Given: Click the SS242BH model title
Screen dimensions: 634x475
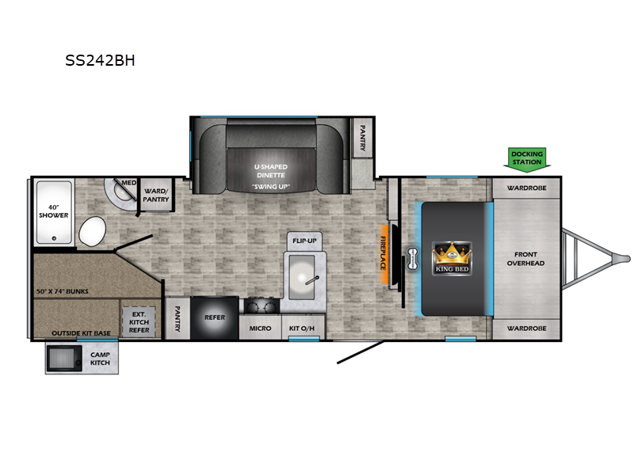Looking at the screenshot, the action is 100,60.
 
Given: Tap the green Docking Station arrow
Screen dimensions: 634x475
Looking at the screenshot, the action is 527,160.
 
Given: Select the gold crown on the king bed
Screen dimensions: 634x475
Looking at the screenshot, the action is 452,253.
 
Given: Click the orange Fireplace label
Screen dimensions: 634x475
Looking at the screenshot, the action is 383,253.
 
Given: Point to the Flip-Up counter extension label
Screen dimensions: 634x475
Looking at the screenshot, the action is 304,241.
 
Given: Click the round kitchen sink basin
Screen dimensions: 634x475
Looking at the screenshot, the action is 302,277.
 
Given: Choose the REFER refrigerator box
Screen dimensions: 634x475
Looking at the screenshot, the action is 214,318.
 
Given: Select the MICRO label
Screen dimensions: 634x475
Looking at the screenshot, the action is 260,329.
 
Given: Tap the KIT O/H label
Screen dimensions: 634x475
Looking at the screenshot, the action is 302,329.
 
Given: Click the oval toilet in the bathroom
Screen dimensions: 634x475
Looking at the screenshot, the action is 92,231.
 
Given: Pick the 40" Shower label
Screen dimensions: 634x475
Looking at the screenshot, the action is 54,211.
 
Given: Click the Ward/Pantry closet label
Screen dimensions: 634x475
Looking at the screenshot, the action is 156,195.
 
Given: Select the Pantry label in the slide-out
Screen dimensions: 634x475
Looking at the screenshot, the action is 363,138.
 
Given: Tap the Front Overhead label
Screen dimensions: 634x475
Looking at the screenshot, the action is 525,259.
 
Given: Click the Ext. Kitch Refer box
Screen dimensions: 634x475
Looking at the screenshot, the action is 139,321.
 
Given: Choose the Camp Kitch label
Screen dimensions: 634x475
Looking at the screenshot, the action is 100,359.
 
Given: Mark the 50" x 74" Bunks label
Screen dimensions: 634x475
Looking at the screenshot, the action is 63,291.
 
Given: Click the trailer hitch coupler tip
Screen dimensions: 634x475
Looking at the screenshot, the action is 628,259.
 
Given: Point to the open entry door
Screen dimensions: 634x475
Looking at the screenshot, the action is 361,352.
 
